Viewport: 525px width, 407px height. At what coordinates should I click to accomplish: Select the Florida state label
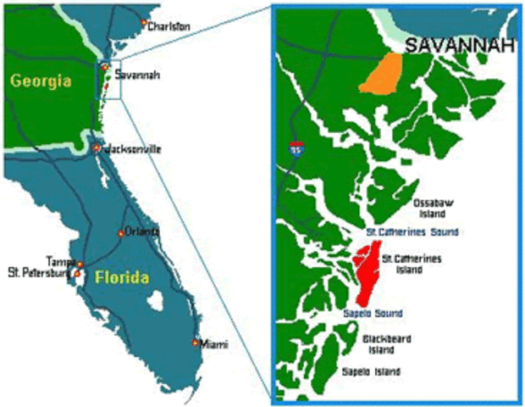(122, 277)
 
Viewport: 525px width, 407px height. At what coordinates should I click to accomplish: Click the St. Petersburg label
(37, 273)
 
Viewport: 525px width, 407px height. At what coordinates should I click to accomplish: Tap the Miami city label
(213, 343)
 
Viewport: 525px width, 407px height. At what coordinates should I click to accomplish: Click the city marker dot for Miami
(196, 343)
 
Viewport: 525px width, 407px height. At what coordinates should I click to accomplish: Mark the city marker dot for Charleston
(144, 23)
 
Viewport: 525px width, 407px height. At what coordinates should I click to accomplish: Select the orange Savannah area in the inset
(384, 73)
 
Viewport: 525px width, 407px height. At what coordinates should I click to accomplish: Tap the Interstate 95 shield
(295, 148)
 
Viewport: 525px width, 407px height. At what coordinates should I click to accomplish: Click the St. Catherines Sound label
(412, 231)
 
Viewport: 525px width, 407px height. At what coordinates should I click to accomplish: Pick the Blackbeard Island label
(386, 343)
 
